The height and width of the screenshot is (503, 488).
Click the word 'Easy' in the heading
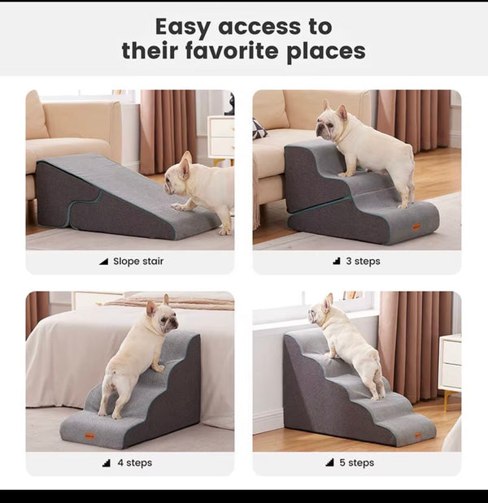(182, 28)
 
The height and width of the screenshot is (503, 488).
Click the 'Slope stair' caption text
(138, 261)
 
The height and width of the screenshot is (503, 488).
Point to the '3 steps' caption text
(363, 261)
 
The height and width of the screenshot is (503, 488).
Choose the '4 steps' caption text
(135, 462)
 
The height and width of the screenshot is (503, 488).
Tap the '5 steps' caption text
(357, 462)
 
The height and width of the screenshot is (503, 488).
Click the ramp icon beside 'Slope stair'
(104, 262)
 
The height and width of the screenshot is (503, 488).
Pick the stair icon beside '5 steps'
(329, 462)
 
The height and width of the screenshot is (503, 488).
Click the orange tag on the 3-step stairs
(416, 227)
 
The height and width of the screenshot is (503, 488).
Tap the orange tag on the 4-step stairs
(90, 436)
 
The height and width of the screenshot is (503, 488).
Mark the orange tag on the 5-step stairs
(418, 435)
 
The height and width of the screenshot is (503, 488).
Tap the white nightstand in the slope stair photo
(221, 139)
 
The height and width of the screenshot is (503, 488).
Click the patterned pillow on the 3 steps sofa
(259, 128)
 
